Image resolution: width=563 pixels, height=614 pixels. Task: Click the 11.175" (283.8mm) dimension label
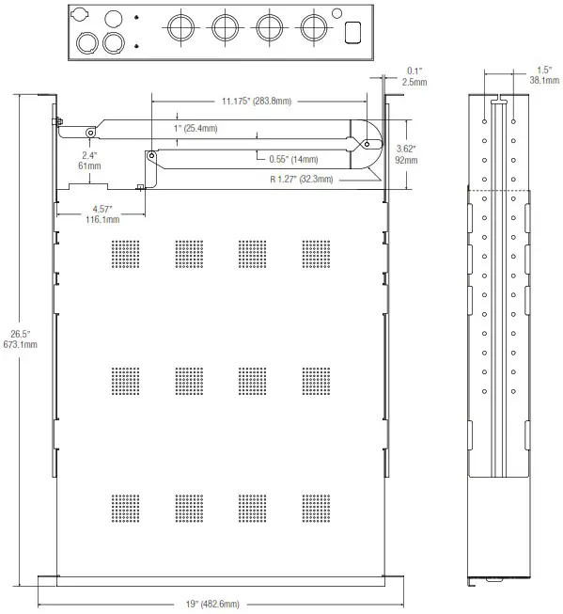click(x=257, y=100)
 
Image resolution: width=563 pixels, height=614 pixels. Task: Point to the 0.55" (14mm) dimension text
click(x=291, y=159)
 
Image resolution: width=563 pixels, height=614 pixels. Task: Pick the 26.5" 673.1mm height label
click(x=19, y=339)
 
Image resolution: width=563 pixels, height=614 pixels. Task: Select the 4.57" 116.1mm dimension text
click(x=103, y=213)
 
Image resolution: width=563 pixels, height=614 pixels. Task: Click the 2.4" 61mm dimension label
click(x=90, y=160)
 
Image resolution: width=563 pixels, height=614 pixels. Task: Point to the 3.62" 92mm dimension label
click(x=406, y=155)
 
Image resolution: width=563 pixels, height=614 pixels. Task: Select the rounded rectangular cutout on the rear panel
click(x=353, y=31)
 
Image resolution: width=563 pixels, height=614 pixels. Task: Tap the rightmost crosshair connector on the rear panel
click(x=315, y=28)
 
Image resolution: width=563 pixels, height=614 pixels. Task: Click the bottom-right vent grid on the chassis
click(x=318, y=509)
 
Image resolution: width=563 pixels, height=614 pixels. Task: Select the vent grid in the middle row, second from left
click(x=190, y=380)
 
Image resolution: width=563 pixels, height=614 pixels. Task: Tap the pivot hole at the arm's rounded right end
click(x=367, y=143)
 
